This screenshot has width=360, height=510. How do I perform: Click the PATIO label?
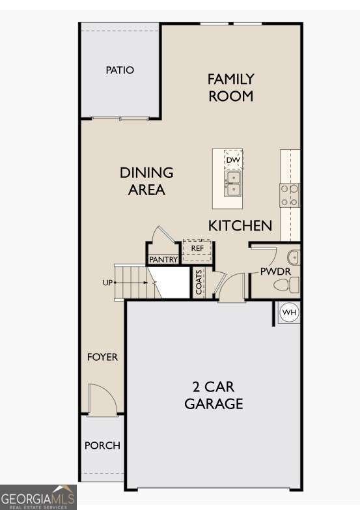tap(120, 70)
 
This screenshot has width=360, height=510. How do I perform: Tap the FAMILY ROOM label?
tap(230, 87)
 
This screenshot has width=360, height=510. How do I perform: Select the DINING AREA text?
tap(146, 181)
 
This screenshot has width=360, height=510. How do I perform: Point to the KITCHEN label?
tap(240, 226)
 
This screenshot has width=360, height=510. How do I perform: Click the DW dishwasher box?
tap(233, 160)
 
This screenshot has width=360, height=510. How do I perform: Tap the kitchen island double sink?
tap(233, 184)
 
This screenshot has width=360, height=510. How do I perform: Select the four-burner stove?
tap(290, 195)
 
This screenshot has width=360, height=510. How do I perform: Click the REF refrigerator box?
tap(197, 251)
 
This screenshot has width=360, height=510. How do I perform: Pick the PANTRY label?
tap(163, 259)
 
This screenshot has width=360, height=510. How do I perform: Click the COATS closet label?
tap(199, 281)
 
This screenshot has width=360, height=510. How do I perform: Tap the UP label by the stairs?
tap(107, 283)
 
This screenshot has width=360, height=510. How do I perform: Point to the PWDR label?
tap(275, 272)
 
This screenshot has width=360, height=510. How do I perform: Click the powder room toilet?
tap(286, 285)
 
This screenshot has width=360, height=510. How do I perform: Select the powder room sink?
tap(294, 257)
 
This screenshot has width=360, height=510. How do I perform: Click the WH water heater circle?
tap(290, 313)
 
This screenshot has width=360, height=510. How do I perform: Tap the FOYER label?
tap(102, 357)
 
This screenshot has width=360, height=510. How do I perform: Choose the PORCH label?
tap(102, 446)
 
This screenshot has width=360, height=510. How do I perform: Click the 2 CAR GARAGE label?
tap(214, 395)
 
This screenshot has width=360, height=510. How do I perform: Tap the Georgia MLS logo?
tap(38, 498)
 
